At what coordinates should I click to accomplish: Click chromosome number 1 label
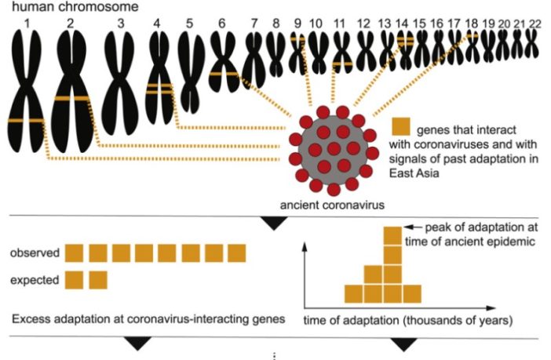point(27,23)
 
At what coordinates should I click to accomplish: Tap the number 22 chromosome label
point(535,24)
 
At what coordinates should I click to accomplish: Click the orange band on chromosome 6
point(224,75)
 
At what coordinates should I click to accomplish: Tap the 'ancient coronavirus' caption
point(334,205)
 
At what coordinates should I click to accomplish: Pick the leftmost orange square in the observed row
point(74,253)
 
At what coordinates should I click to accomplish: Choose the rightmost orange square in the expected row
point(99,278)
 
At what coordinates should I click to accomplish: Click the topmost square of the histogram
point(392,236)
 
